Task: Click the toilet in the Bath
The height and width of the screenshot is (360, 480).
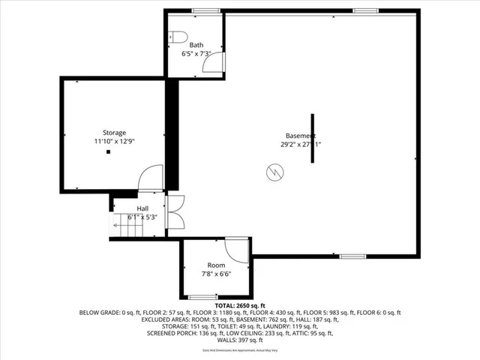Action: pos(177,36)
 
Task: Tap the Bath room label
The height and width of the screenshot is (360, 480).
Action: pos(196,45)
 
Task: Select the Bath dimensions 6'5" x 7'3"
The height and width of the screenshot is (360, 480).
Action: pos(196,54)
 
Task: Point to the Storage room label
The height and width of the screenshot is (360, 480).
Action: pos(114,132)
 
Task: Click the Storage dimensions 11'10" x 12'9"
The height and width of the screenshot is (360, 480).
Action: pos(114,141)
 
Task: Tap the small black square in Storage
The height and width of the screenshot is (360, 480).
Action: pos(109,152)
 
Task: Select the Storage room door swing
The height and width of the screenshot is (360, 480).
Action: pos(150,177)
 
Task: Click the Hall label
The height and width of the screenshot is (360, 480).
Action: pos(142,208)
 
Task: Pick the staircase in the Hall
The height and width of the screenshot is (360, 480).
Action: pos(124,223)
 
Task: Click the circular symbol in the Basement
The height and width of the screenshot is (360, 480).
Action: pos(274,172)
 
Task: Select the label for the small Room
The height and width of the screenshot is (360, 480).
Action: pos(216,265)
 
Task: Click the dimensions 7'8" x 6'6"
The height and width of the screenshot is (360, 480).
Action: pos(216,274)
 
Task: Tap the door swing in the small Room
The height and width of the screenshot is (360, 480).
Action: pos(237,250)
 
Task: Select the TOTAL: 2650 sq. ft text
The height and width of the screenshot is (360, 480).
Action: pos(240,306)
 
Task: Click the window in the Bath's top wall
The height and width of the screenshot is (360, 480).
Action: pos(200,10)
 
